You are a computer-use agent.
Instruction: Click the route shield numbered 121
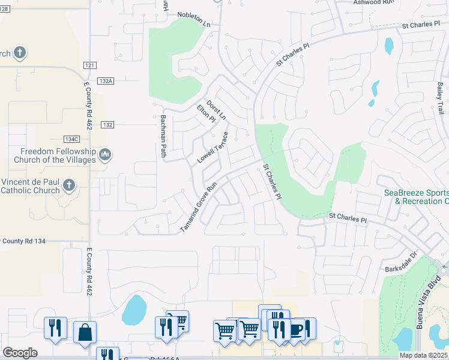[x=89, y=65]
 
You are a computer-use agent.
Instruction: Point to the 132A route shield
[x=106, y=80]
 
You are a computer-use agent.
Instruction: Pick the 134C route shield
[x=89, y=140]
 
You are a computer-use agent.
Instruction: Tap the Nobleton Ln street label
[x=194, y=20]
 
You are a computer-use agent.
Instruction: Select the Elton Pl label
[x=206, y=113]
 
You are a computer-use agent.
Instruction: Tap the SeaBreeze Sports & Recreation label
[x=417, y=197]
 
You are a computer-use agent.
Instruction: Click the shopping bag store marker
[x=85, y=332]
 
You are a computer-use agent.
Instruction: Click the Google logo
[x=20, y=353]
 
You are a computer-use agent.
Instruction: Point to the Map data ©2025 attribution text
[x=423, y=355]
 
